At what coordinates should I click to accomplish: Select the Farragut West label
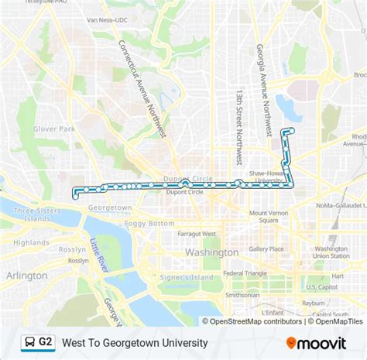point(197,233)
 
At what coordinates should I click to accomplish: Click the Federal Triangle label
point(245,273)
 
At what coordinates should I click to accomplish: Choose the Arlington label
point(26,275)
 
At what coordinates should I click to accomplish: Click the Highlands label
point(31,242)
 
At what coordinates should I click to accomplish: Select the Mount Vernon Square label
point(269,217)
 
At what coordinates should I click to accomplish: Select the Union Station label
point(331,252)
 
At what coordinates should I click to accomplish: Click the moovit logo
point(315,341)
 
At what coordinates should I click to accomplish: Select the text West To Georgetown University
point(134,341)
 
